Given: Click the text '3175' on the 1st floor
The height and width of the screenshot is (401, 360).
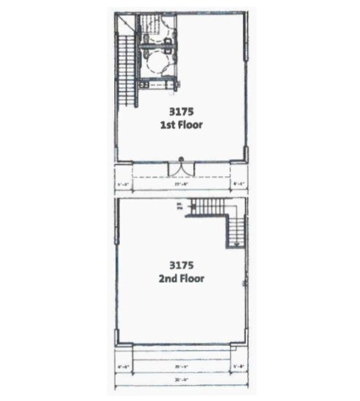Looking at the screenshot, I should [180, 112].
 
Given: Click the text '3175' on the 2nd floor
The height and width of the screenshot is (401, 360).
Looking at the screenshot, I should [180, 265].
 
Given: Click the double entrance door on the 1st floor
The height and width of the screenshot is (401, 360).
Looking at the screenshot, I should [179, 169].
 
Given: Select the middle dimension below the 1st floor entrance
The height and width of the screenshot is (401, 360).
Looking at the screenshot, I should [179, 185].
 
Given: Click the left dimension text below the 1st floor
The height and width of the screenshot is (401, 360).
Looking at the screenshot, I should [122, 185].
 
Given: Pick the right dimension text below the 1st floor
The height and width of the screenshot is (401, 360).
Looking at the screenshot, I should [237, 185].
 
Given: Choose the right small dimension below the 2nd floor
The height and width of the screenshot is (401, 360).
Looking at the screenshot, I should [237, 366].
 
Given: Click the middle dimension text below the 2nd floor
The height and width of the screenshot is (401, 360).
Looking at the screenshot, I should [180, 366].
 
